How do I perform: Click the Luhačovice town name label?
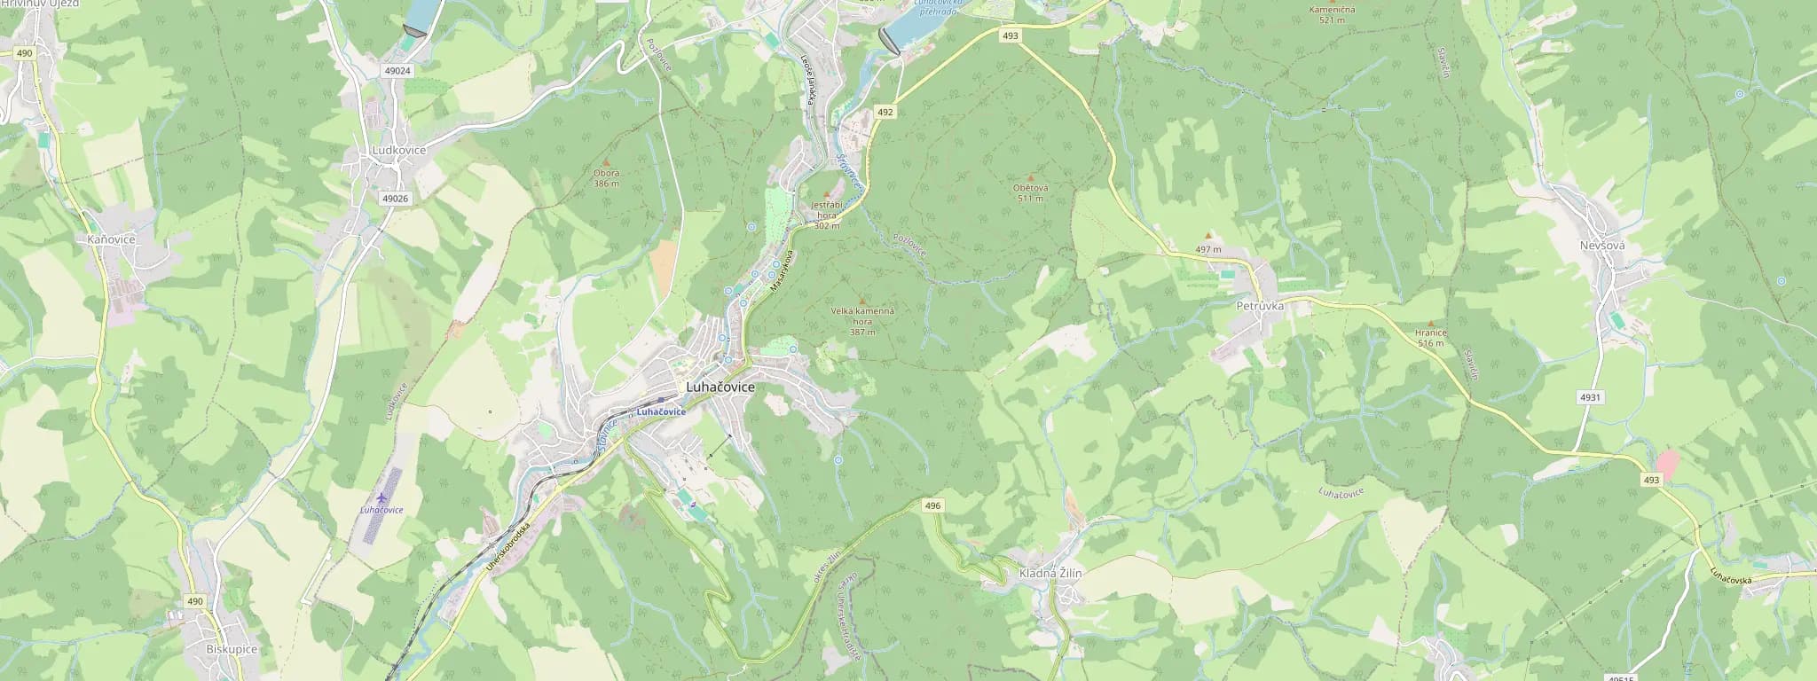tap(720, 388)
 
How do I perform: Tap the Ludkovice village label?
tap(397, 151)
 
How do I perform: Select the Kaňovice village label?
tap(111, 240)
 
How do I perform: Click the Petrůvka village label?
tap(1259, 305)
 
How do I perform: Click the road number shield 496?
tap(932, 505)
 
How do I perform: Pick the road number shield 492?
tap(885, 113)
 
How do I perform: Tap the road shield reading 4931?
tap(1589, 398)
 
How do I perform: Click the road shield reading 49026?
tap(395, 199)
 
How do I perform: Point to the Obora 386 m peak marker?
tap(607, 162)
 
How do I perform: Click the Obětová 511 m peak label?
tap(1030, 192)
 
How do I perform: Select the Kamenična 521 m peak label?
tap(1332, 14)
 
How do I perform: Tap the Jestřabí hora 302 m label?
tap(827, 215)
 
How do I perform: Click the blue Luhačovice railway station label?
tap(661, 412)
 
